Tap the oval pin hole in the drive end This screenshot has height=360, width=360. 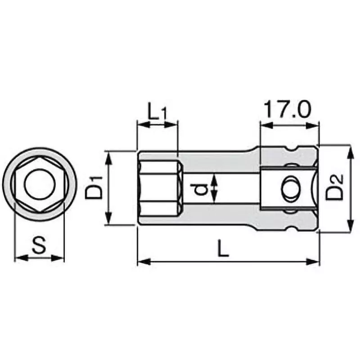[289, 188]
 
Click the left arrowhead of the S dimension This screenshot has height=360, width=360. [18, 258]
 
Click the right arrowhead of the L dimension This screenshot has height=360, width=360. [316, 261]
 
